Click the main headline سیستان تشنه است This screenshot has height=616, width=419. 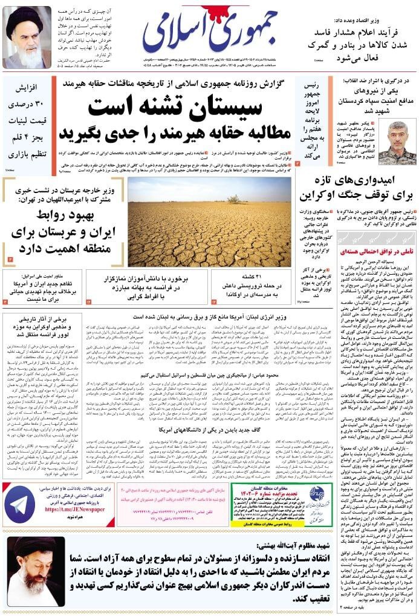(175, 107)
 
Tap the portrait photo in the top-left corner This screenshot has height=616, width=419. (27, 37)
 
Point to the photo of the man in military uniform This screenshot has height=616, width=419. (383, 143)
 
